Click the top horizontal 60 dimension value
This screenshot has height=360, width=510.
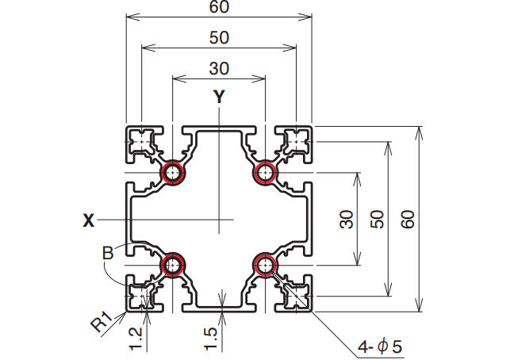pyautogui.click(x=219, y=6)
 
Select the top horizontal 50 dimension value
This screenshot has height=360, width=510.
pyautogui.click(x=219, y=37)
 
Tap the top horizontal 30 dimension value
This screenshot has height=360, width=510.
pyautogui.click(x=219, y=68)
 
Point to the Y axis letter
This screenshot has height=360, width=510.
pyautogui.click(x=219, y=97)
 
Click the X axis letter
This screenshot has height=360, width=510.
pyautogui.click(x=89, y=220)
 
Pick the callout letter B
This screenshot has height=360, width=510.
pyautogui.click(x=108, y=253)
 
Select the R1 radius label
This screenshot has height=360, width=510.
pyautogui.click(x=102, y=322)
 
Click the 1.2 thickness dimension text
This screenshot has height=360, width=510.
pyautogui.click(x=136, y=339)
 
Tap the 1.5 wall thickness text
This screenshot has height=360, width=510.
pyautogui.click(x=211, y=339)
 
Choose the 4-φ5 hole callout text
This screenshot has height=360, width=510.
pyautogui.click(x=380, y=347)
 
